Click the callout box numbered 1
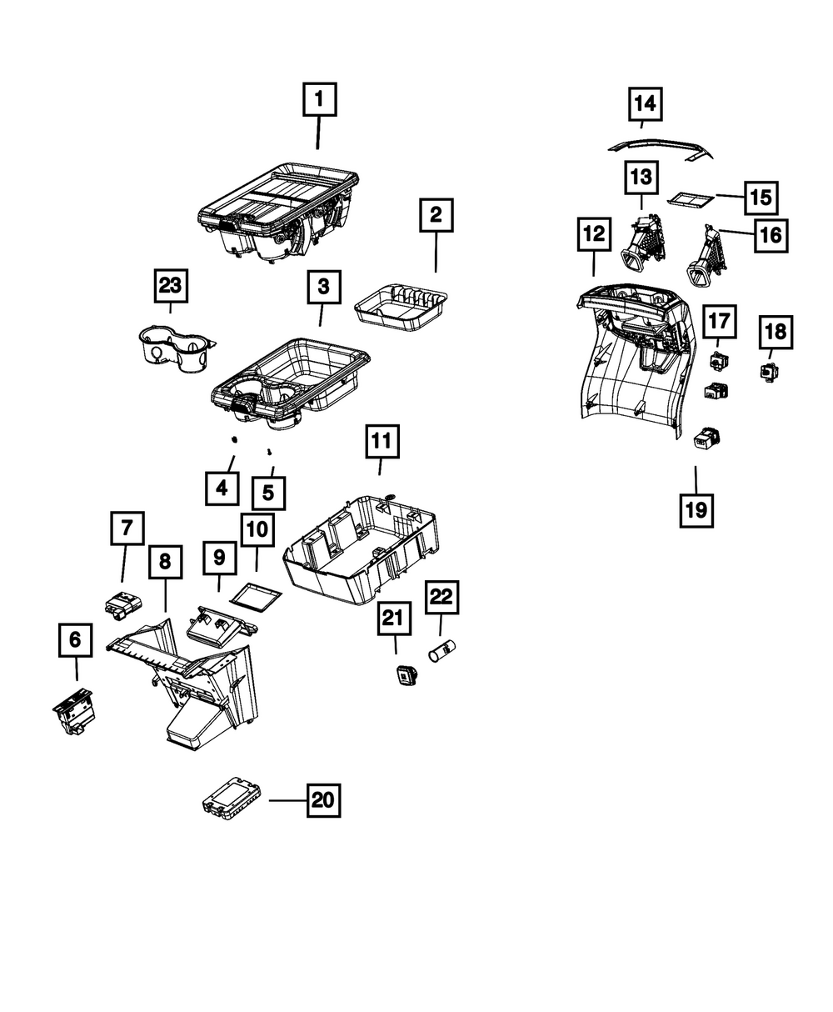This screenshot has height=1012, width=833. click(318, 102)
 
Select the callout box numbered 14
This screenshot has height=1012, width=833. click(645, 105)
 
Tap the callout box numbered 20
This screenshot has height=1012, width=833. click(322, 800)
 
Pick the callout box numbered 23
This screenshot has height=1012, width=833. click(170, 287)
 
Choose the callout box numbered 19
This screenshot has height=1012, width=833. click(696, 509)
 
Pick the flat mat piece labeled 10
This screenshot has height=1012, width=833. click(256, 598)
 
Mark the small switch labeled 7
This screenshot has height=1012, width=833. click(122, 602)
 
